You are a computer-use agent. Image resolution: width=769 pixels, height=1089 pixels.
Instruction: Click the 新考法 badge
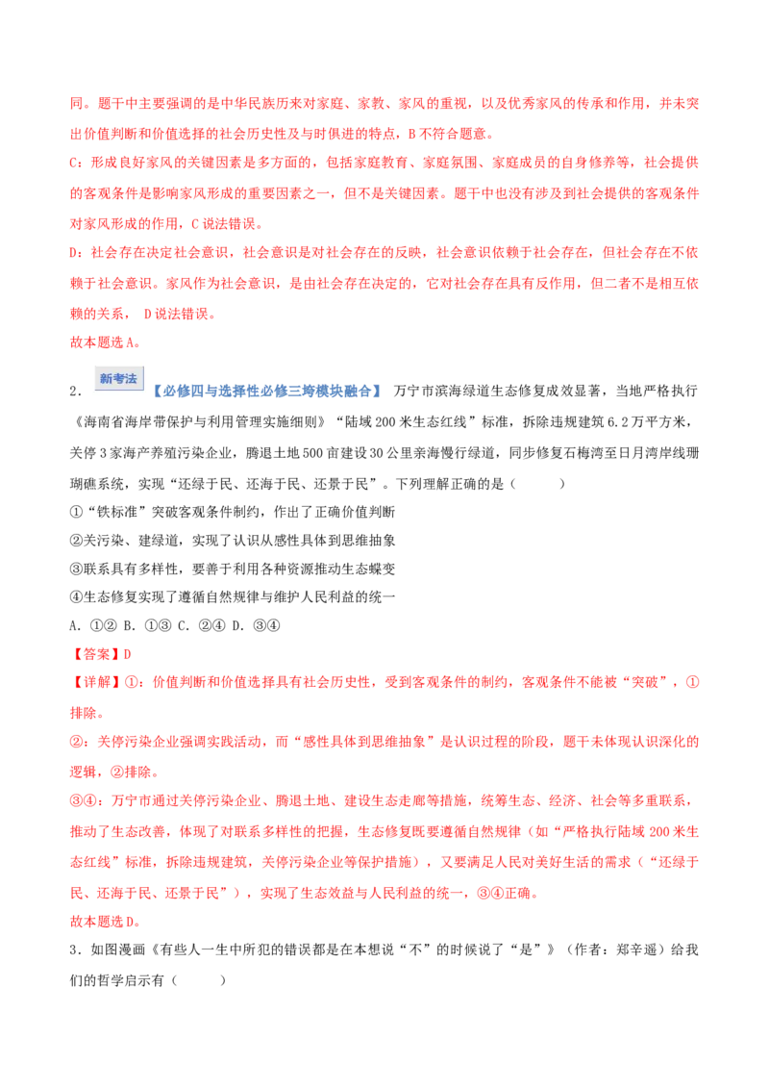(x=118, y=378)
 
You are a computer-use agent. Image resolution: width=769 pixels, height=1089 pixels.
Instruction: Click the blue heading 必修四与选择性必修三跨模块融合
(x=267, y=391)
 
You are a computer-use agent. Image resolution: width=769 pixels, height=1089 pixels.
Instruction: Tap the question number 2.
(x=76, y=392)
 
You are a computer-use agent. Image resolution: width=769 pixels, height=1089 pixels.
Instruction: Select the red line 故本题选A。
(x=106, y=342)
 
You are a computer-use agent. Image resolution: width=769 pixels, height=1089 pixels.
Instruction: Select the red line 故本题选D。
(x=106, y=921)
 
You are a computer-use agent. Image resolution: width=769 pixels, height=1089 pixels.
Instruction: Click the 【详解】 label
(x=95, y=682)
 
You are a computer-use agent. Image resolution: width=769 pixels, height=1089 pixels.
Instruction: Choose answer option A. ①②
(x=93, y=625)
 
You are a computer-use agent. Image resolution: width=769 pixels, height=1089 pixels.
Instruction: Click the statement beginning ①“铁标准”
(x=233, y=512)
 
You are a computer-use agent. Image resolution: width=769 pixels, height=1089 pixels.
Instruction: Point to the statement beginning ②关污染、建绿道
(x=233, y=541)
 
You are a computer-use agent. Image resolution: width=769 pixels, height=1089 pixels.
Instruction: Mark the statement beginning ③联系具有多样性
(x=233, y=569)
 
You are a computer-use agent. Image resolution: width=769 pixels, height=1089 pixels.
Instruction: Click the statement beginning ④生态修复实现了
(x=233, y=596)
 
